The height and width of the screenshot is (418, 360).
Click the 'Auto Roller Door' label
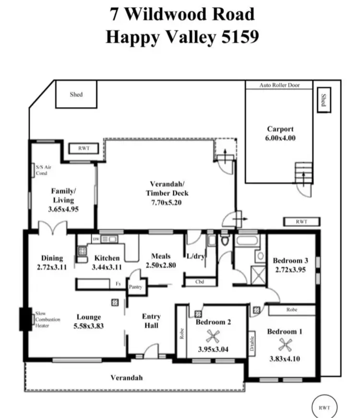point(279,85)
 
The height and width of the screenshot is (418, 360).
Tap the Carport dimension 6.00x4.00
point(281,138)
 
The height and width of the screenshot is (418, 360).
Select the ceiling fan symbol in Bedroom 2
point(212,335)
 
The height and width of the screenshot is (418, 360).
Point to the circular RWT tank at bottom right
point(325,407)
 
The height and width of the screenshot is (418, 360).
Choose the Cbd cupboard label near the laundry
point(199,282)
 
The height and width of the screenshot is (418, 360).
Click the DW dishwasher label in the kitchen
point(96,239)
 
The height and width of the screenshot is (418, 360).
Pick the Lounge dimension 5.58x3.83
point(89,326)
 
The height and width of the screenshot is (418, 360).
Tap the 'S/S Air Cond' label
point(42,170)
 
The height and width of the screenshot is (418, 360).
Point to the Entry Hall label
point(151,321)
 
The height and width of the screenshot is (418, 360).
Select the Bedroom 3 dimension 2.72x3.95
point(290,270)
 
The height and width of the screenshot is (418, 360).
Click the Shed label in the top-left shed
point(76,95)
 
